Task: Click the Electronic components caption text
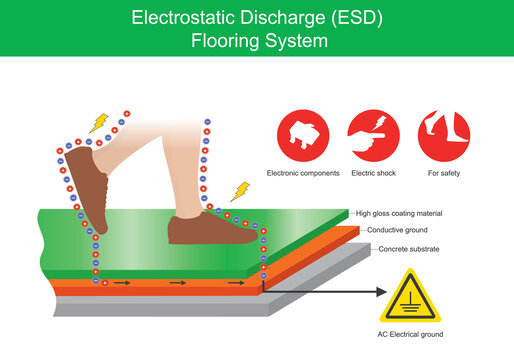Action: pos(303,174)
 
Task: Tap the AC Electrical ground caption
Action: pos(411,334)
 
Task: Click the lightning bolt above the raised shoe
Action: pos(98,124)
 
